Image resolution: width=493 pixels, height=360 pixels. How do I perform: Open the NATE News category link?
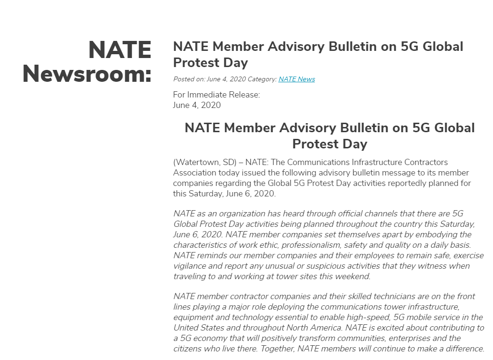pyautogui.click(x=296, y=79)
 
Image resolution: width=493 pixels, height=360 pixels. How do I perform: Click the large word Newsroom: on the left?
pyautogui.click(x=87, y=74)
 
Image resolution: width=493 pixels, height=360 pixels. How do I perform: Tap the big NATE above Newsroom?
pyautogui.click(x=119, y=50)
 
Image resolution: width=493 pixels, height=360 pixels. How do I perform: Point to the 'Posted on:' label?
pyautogui.click(x=189, y=79)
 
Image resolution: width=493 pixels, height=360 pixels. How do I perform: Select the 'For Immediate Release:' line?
pyautogui.click(x=217, y=95)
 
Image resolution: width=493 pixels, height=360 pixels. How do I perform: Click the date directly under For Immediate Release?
pyautogui.click(x=197, y=105)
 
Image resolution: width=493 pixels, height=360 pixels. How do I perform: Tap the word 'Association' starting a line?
pyautogui.click(x=195, y=173)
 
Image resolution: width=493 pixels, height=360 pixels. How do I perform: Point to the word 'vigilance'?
pyautogui.click(x=190, y=266)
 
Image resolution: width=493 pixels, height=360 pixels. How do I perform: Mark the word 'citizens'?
pyautogui.click(x=188, y=349)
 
